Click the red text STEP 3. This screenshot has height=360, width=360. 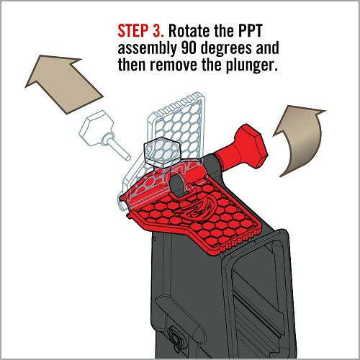[x=141, y=31]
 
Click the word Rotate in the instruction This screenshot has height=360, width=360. [x=189, y=31]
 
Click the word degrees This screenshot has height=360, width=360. [x=226, y=49]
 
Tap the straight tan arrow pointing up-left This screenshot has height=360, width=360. [x=63, y=83]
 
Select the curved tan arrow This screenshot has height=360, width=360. [x=303, y=137]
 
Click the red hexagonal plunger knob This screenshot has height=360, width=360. [x=250, y=146]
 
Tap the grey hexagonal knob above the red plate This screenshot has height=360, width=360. [x=161, y=153]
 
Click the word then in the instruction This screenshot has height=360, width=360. [x=132, y=65]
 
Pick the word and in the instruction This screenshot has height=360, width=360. [x=267, y=48]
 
